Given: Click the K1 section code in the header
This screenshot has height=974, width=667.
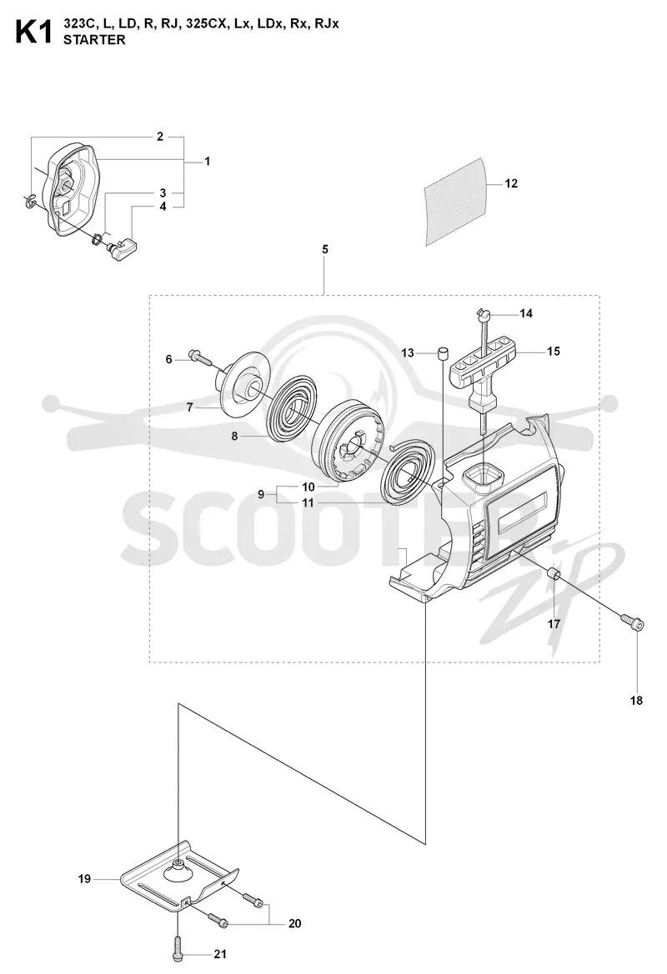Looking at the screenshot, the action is tap(33, 32).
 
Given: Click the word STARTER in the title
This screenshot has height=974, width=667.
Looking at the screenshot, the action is tap(94, 40).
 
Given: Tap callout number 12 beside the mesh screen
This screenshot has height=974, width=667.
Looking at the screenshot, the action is tap(511, 183).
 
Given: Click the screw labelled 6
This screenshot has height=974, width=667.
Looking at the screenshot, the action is tap(199, 357).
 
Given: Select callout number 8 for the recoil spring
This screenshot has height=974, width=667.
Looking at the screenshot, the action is tap(234, 436).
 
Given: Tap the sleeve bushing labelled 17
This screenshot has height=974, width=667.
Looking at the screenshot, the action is tap(554, 575).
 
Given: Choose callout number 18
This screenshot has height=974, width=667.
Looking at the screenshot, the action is tap(636, 701).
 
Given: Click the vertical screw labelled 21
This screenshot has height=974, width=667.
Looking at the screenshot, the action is tap(177, 943).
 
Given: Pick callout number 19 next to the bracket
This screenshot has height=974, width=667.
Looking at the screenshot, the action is tap(84, 879).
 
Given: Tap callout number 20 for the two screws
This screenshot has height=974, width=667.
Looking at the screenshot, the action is tap(294, 924).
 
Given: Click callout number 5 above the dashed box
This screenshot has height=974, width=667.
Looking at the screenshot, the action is tap(325, 249).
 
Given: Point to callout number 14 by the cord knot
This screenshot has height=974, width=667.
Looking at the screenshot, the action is tap(526, 313).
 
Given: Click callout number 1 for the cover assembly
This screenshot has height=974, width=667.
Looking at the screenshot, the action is tap(207, 162).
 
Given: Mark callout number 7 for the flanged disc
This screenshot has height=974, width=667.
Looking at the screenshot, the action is tap(190, 407).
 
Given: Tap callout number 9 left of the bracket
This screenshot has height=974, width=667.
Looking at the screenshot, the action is tap(261, 494).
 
